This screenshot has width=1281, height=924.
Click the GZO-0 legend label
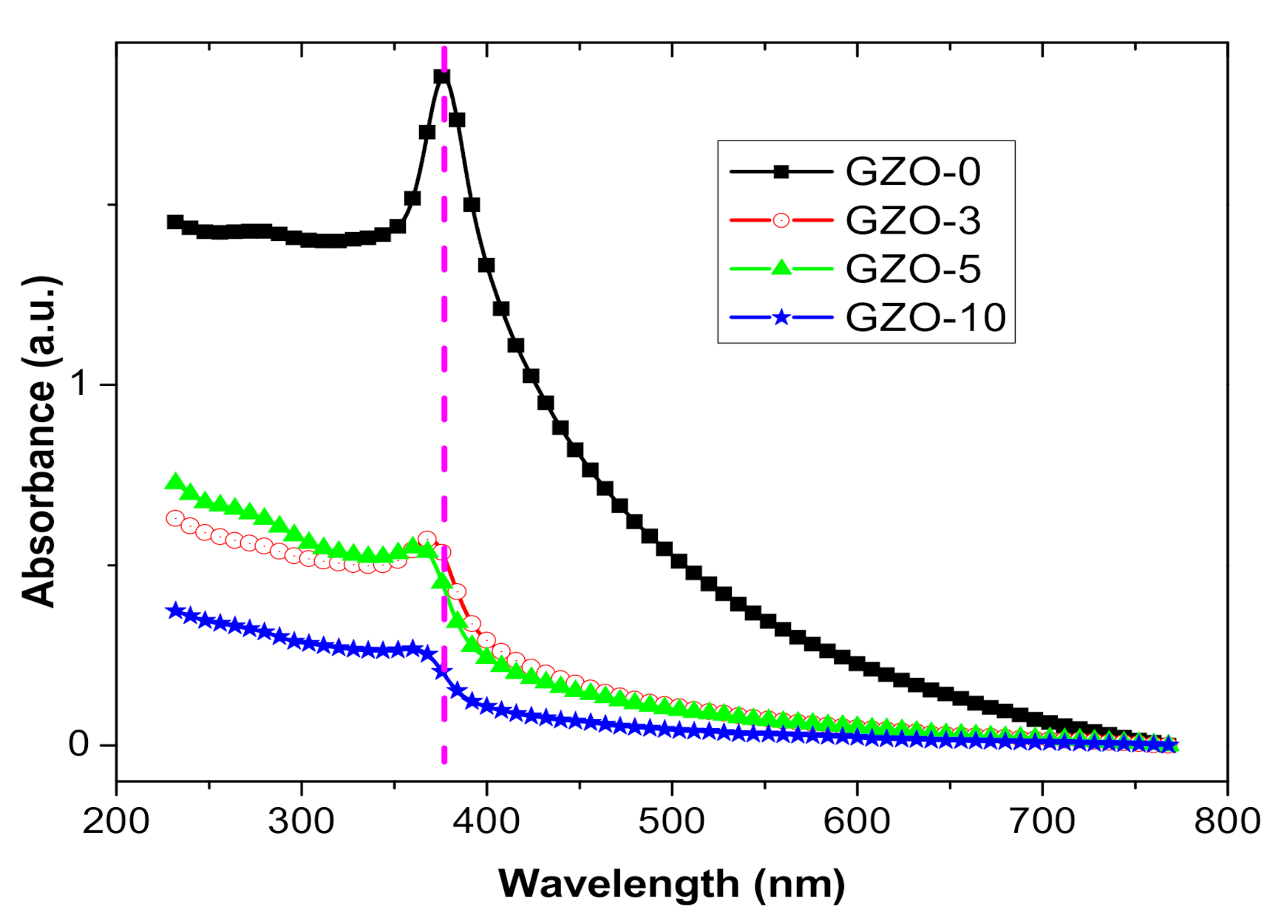(x=913, y=171)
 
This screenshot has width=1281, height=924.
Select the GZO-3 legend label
(x=913, y=220)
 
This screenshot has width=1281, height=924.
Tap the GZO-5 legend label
(x=913, y=268)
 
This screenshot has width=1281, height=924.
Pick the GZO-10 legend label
(x=925, y=317)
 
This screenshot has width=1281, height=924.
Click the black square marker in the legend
(x=781, y=171)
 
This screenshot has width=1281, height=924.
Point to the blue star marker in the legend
(x=781, y=318)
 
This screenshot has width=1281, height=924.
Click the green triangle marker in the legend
(x=781, y=268)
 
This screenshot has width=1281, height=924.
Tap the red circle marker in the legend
(x=781, y=220)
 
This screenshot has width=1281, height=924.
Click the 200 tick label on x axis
(x=116, y=821)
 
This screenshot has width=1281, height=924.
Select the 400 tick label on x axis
(x=486, y=821)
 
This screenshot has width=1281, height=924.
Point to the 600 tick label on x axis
(x=857, y=821)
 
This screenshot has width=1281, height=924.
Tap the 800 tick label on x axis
(x=1227, y=821)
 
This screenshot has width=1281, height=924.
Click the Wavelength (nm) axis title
(x=671, y=883)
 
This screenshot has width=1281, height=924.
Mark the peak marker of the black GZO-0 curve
(x=442, y=77)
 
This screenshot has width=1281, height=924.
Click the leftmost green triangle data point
(x=174, y=482)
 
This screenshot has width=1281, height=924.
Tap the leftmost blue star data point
(x=174, y=611)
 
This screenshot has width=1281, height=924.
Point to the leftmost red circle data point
(x=174, y=518)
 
